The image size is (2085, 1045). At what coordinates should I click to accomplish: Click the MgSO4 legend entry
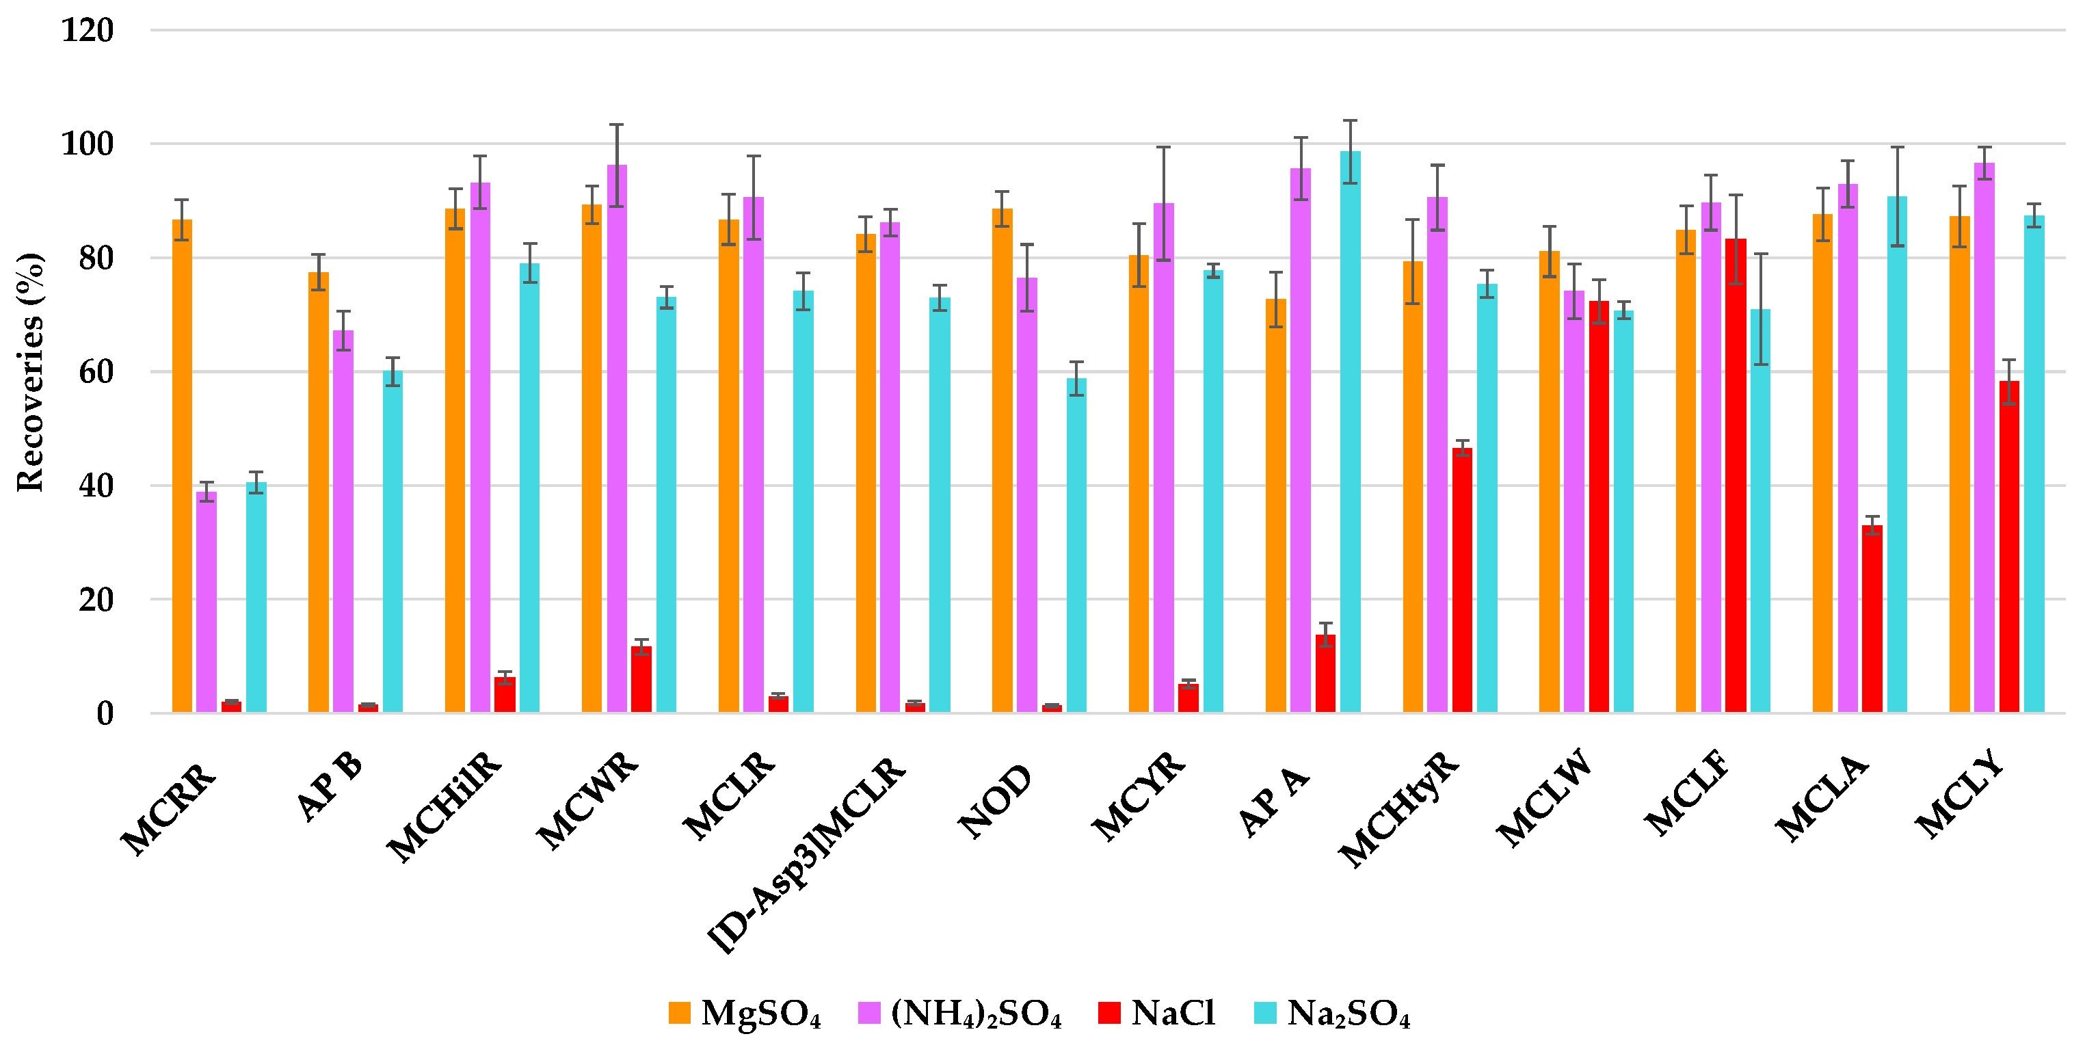[x=745, y=1014]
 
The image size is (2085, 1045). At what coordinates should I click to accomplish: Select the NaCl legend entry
[x=1158, y=1014]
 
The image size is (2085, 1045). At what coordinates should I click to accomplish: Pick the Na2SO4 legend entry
[x=1332, y=1014]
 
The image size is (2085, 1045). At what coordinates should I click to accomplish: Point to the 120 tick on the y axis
[x=88, y=31]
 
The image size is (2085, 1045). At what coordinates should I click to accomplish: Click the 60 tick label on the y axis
[x=96, y=372]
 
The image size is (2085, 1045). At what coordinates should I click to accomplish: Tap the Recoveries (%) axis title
[x=30, y=372]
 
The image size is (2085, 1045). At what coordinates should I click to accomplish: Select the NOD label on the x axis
[x=996, y=802]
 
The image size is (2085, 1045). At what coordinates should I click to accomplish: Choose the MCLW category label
[x=1544, y=797]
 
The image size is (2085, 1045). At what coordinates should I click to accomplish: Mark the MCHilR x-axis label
[x=445, y=806]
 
